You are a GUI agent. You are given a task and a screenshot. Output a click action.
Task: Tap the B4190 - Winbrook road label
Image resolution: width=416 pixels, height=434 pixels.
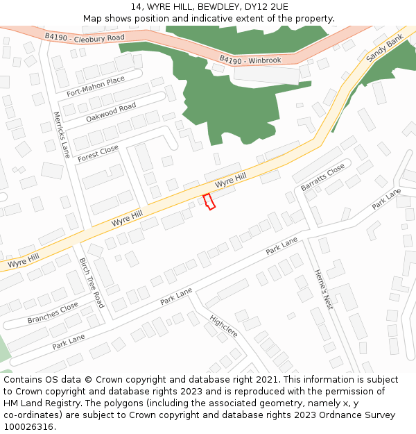pyautogui.click(x=250, y=60)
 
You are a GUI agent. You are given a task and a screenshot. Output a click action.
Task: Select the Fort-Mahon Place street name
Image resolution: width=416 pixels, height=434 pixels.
pyautogui.click(x=96, y=87)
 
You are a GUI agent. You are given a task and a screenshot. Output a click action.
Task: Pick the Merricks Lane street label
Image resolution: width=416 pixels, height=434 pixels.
pyautogui.click(x=62, y=134)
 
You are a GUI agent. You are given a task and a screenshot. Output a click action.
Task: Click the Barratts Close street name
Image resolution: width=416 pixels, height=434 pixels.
pyautogui.click(x=322, y=178)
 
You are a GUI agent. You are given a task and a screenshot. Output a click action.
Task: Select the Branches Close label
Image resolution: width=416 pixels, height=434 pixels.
pyautogui.click(x=53, y=313)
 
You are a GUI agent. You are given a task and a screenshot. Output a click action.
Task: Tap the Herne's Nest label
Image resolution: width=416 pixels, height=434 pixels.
pyautogui.click(x=324, y=290)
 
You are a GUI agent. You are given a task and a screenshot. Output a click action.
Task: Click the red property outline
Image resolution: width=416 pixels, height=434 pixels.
pyautogui.click(x=209, y=201)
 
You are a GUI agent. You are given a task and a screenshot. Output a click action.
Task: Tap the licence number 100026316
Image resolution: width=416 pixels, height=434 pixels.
pyautogui.click(x=28, y=427)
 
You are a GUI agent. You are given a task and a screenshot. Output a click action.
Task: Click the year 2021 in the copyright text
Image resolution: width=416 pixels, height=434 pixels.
pyautogui.click(x=267, y=380)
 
